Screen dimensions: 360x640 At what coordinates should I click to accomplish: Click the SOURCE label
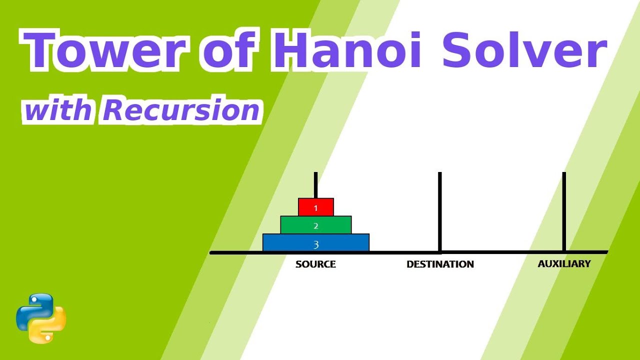(315, 264)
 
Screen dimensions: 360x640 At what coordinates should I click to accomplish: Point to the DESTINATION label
(440, 264)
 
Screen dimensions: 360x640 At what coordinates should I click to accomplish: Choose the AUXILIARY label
(564, 263)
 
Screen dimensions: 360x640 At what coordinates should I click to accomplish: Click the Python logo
(41, 318)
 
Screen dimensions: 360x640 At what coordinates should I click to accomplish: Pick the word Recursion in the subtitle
(181, 110)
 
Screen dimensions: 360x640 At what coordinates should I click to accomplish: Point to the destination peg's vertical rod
(440, 210)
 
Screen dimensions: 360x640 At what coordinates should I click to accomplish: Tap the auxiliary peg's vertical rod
(564, 210)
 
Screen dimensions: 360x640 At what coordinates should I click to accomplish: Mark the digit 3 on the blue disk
(315, 244)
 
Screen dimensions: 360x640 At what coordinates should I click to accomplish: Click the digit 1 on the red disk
(315, 207)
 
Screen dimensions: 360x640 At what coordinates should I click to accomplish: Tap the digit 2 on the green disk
(315, 226)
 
